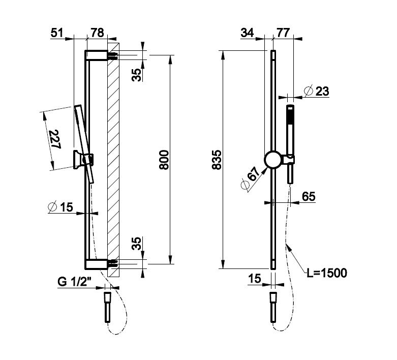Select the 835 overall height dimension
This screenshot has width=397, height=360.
[217, 161]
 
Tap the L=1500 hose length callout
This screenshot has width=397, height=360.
[327, 273]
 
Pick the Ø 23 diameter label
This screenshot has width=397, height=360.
[316, 92]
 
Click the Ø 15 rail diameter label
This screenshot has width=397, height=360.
[60, 206]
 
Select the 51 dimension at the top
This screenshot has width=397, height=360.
[57, 34]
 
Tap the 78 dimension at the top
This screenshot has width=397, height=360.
[97, 34]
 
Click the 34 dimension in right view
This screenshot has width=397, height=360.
[247, 34]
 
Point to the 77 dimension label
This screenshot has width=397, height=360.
[284, 34]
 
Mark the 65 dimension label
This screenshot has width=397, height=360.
[309, 196]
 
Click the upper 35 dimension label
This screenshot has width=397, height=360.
[136, 74]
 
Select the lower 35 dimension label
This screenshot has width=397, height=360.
[136, 244]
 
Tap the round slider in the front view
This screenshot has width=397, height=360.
[273, 160]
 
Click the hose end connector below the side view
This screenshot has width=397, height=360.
[108, 306]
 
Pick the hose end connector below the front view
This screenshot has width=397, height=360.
[273, 307]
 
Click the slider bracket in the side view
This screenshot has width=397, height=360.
[84, 160]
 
